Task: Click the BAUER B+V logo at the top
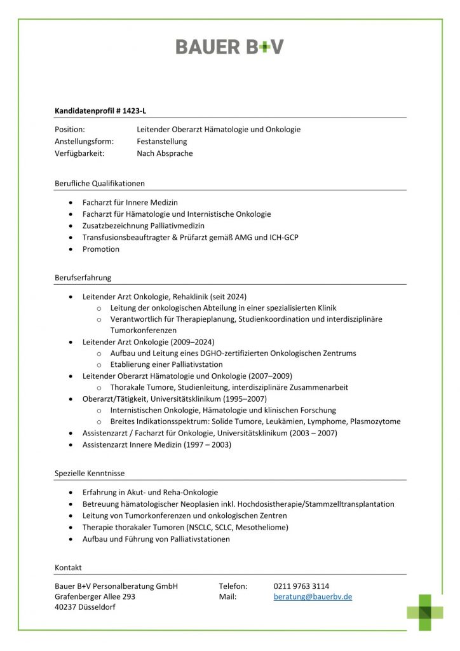pos(229,46)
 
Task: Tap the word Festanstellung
pos(161,141)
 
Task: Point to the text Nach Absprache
pos(165,153)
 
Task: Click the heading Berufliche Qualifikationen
pos(100,183)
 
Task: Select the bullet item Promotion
pos(100,249)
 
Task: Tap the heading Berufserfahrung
pos(83,277)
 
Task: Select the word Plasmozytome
pos(375,421)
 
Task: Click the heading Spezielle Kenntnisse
pos(90,473)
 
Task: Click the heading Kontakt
pos(68,567)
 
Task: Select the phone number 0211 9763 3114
pos(301,586)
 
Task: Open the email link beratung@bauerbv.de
pos(313,597)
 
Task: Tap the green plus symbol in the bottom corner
pos(425,612)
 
